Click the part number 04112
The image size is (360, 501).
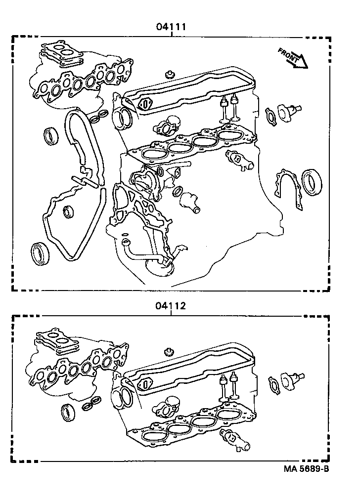coord(171,306)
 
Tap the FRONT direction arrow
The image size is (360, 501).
coord(293,57)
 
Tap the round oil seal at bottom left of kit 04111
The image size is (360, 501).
coord(39,253)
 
